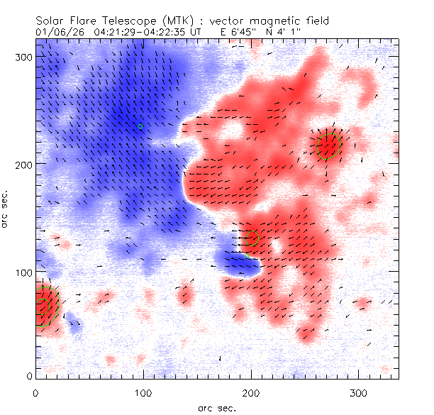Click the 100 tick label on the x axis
(143, 392)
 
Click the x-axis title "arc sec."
(217, 408)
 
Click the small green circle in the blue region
(140, 126)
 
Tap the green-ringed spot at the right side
(329, 146)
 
